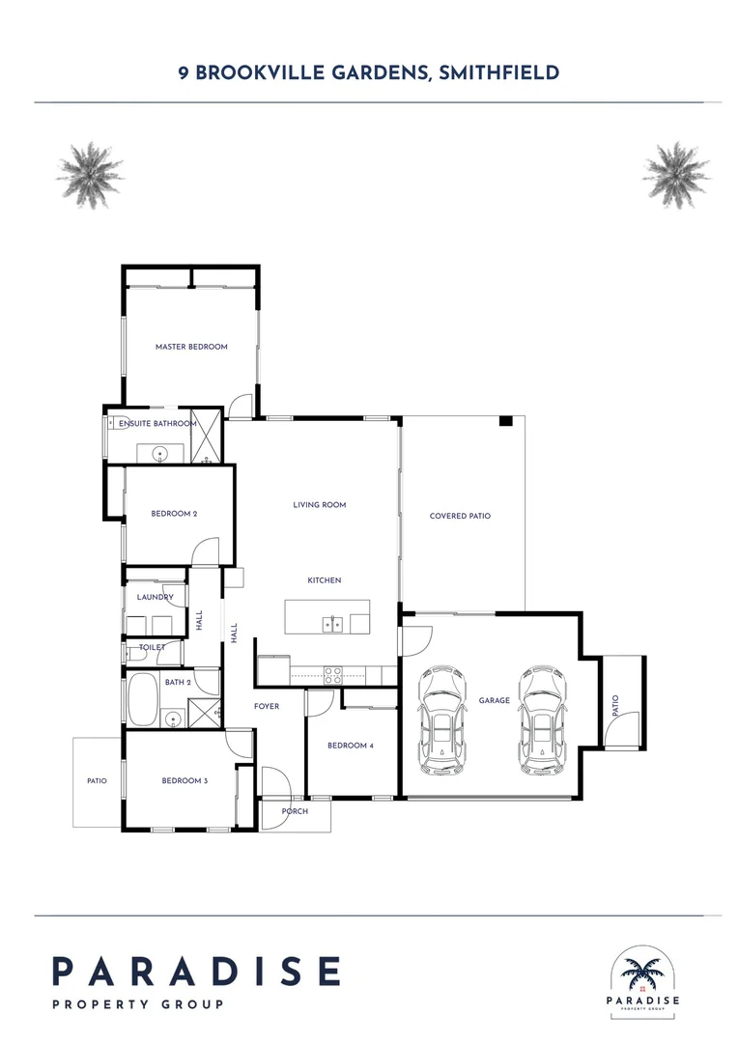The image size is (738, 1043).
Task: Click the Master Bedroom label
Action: (191, 347)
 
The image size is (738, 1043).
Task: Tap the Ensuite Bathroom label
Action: (157, 423)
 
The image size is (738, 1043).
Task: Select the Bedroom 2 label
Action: (174, 514)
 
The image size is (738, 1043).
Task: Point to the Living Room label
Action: (320, 505)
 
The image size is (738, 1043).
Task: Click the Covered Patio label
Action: (460, 516)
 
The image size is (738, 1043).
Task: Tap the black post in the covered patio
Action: (505, 422)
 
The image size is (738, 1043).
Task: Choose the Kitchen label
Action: (325, 580)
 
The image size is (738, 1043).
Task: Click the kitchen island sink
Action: (331, 624)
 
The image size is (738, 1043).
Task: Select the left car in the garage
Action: (440, 719)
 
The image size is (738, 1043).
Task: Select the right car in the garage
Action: (539, 719)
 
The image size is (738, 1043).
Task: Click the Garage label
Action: (494, 700)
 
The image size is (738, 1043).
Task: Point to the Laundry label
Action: (155, 598)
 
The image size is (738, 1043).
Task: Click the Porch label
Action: (295, 811)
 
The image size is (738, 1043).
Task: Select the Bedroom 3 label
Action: (184, 780)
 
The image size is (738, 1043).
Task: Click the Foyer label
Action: (267, 707)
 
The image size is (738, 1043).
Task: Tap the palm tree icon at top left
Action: (91, 175)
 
